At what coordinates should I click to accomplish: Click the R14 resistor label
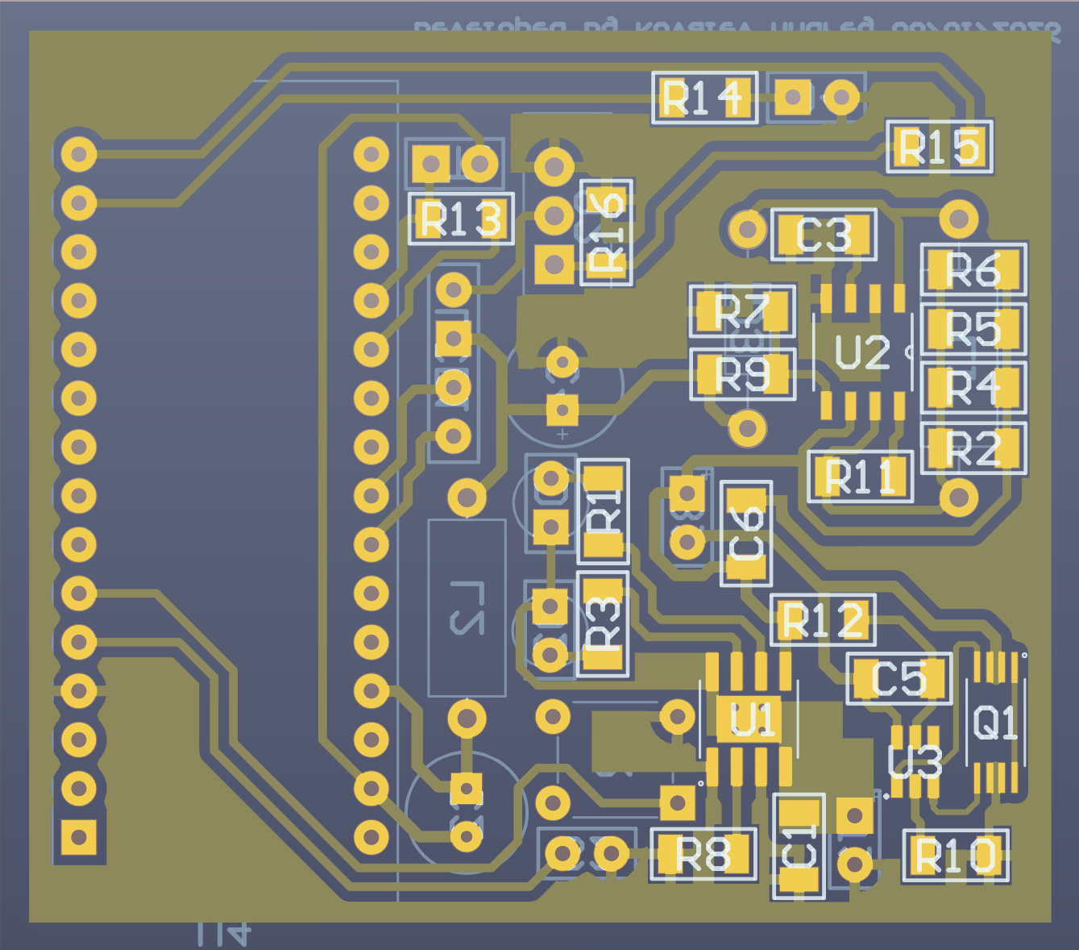click(703, 98)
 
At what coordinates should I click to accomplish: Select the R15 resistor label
click(940, 148)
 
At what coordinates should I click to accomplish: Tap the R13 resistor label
click(461, 219)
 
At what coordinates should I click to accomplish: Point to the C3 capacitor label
click(824, 235)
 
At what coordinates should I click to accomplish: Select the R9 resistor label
click(742, 375)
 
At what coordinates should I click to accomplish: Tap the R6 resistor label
click(973, 270)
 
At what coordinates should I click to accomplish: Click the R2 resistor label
click(973, 448)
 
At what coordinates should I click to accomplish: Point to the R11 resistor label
click(860, 477)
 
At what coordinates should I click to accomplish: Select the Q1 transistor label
click(996, 722)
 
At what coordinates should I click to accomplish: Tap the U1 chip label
click(753, 719)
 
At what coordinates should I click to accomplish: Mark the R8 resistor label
click(703, 854)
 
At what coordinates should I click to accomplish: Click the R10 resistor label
click(956, 856)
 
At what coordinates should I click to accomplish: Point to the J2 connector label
click(467, 607)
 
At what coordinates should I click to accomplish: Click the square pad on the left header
click(79, 837)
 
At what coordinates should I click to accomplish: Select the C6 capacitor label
click(746, 534)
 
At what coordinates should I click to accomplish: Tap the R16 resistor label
click(607, 232)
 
